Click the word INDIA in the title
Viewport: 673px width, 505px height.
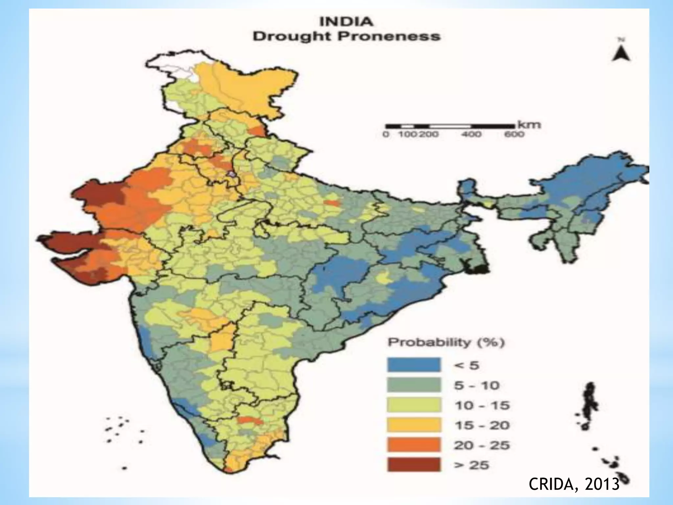pyautogui.click(x=346, y=22)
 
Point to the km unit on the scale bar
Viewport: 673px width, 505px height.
pyautogui.click(x=529, y=125)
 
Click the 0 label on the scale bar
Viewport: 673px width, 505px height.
pyautogui.click(x=386, y=134)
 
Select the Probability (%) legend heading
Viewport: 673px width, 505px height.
pyautogui.click(x=446, y=343)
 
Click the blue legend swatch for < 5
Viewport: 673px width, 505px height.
pyautogui.click(x=414, y=365)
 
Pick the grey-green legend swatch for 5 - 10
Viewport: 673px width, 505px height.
pyautogui.click(x=414, y=385)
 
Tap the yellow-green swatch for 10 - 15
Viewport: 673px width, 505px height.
pyautogui.click(x=414, y=405)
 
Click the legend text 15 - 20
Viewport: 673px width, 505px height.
pyautogui.click(x=482, y=425)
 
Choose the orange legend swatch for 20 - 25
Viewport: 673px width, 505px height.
pyautogui.click(x=414, y=445)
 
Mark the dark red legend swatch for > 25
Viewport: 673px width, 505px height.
pyautogui.click(x=414, y=465)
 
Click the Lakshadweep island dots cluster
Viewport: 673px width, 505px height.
pyautogui.click(x=118, y=427)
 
